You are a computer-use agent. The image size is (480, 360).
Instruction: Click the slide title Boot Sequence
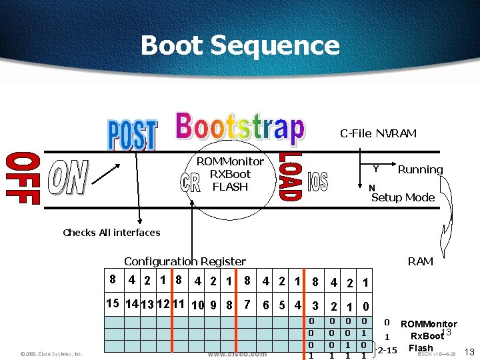click(240, 46)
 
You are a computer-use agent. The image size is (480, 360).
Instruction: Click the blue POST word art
click(132, 135)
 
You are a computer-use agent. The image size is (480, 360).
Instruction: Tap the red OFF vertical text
click(23, 178)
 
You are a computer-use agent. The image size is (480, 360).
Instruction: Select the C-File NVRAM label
click(378, 133)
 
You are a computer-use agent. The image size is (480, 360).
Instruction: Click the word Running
click(420, 169)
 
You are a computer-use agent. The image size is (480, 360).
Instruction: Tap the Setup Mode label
click(403, 197)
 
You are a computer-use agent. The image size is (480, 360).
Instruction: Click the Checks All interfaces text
click(111, 233)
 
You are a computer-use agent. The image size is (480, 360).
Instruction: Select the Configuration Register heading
click(185, 261)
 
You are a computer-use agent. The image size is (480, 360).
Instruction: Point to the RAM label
click(420, 261)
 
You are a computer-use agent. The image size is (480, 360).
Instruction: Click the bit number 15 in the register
click(113, 303)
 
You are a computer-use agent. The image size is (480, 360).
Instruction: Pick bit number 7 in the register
click(247, 305)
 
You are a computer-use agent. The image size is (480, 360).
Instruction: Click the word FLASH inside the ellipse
click(230, 187)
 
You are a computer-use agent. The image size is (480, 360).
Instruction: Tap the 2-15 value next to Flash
click(387, 350)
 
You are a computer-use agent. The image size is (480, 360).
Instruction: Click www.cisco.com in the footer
click(237, 354)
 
